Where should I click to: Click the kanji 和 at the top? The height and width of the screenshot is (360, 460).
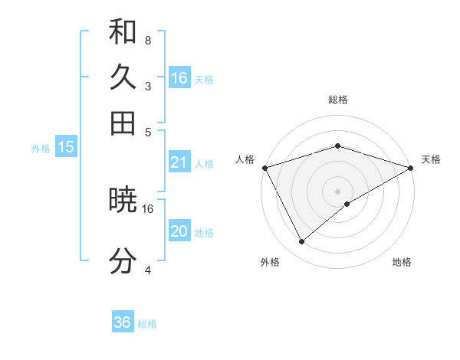[123, 32]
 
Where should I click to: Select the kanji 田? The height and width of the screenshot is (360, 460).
[123, 123]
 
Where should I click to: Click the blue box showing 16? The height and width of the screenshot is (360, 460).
[179, 78]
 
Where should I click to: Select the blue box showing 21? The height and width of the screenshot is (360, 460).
[179, 162]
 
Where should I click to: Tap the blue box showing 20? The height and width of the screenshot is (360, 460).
[179, 231]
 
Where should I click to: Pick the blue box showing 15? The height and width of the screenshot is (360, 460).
[66, 147]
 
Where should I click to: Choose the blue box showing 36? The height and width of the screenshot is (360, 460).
[123, 322]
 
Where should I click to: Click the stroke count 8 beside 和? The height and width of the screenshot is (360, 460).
[147, 40]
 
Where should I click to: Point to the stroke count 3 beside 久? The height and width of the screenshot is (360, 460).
[147, 86]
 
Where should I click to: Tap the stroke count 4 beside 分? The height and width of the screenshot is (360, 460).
[147, 270]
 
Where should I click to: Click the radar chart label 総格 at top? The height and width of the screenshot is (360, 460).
[337, 100]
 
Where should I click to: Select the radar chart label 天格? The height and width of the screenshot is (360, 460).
[431, 159]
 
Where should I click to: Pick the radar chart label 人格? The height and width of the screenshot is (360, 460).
[245, 159]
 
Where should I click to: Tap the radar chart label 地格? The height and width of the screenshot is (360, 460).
[402, 262]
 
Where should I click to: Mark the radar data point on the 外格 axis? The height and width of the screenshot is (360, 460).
[302, 242]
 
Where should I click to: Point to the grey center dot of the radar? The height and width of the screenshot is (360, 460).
[337, 191]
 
